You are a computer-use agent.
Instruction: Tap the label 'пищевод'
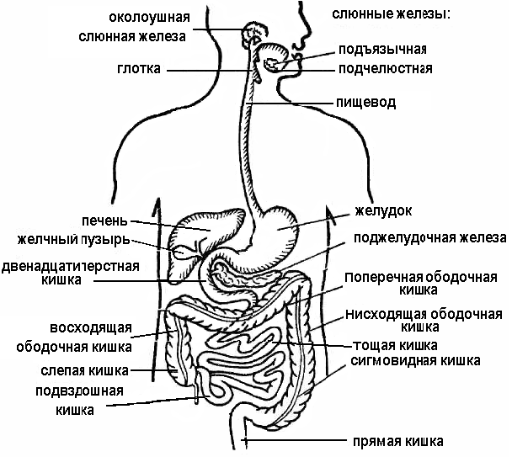click(x=365, y=103)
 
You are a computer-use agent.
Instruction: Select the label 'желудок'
click(x=382, y=210)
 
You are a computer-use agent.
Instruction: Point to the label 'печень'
click(x=105, y=221)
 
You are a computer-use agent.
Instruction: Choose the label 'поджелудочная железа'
click(x=429, y=238)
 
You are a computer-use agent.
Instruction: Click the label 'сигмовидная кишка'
click(x=415, y=360)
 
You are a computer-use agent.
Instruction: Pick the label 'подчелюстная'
click(x=385, y=68)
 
